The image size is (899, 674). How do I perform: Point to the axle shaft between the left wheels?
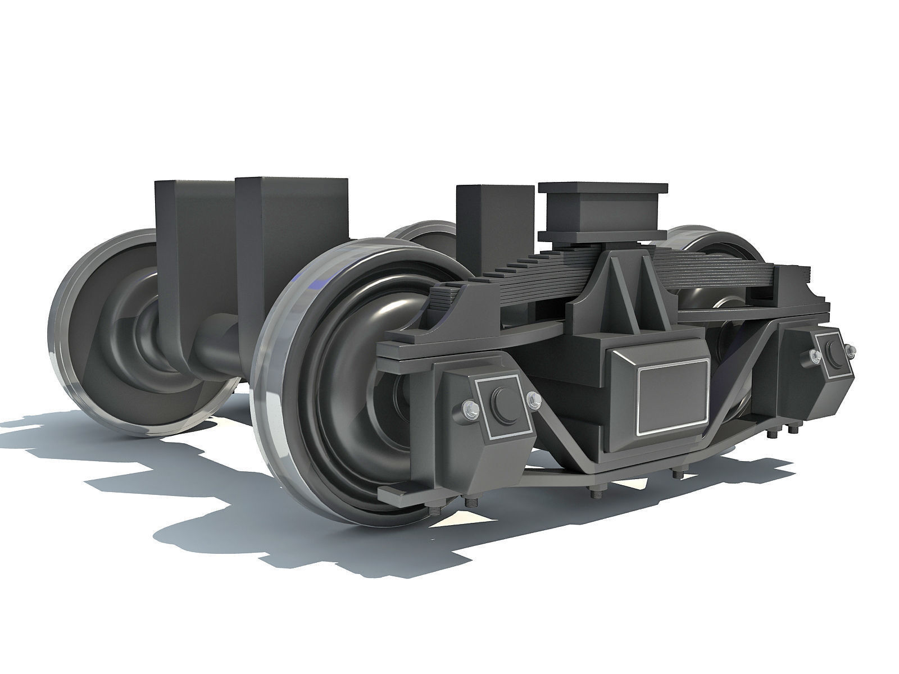pos(219,337)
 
